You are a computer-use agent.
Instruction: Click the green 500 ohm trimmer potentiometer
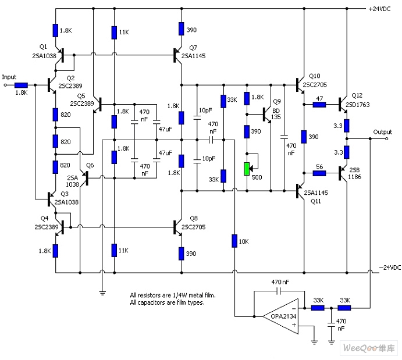coord(247,169)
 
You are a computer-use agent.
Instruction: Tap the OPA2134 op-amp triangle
coord(281,316)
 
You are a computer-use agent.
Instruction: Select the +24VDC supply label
coord(379,9)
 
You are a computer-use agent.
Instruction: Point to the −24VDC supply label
coord(390,268)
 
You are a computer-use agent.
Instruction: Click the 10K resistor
coord(234,241)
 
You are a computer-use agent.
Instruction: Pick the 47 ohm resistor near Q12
coord(319,105)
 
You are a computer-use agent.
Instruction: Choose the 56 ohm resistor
coord(319,173)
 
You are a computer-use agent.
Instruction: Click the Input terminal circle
coord(5,85)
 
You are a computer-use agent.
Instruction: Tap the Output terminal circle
coord(387,138)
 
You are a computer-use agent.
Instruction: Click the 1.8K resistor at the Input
coord(21,85)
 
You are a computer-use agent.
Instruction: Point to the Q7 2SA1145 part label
coord(194,52)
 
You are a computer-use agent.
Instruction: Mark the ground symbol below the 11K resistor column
coord(102,293)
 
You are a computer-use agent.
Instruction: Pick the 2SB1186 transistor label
coord(354,173)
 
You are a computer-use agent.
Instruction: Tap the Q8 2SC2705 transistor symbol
coord(177,227)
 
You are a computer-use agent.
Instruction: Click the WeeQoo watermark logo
coord(368,348)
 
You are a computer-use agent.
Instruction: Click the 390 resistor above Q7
coord(182,28)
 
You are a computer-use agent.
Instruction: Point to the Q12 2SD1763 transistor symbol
coord(343,105)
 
